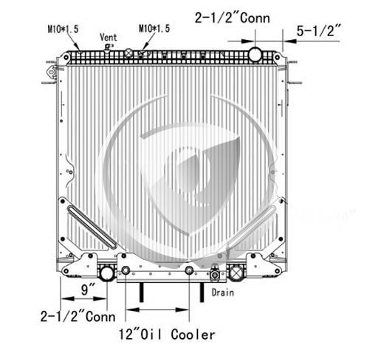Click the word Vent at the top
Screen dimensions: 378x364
click(109, 38)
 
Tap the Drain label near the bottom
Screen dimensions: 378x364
click(223, 292)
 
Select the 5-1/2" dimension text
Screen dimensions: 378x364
click(319, 30)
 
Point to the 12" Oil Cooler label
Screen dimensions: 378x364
click(167, 334)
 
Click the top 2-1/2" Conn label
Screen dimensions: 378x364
click(232, 18)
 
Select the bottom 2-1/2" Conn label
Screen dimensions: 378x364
click(78, 317)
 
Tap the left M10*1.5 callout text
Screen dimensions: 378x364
click(63, 29)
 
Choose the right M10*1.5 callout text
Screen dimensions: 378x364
click(154, 29)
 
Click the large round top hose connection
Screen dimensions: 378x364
click(255, 55)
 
